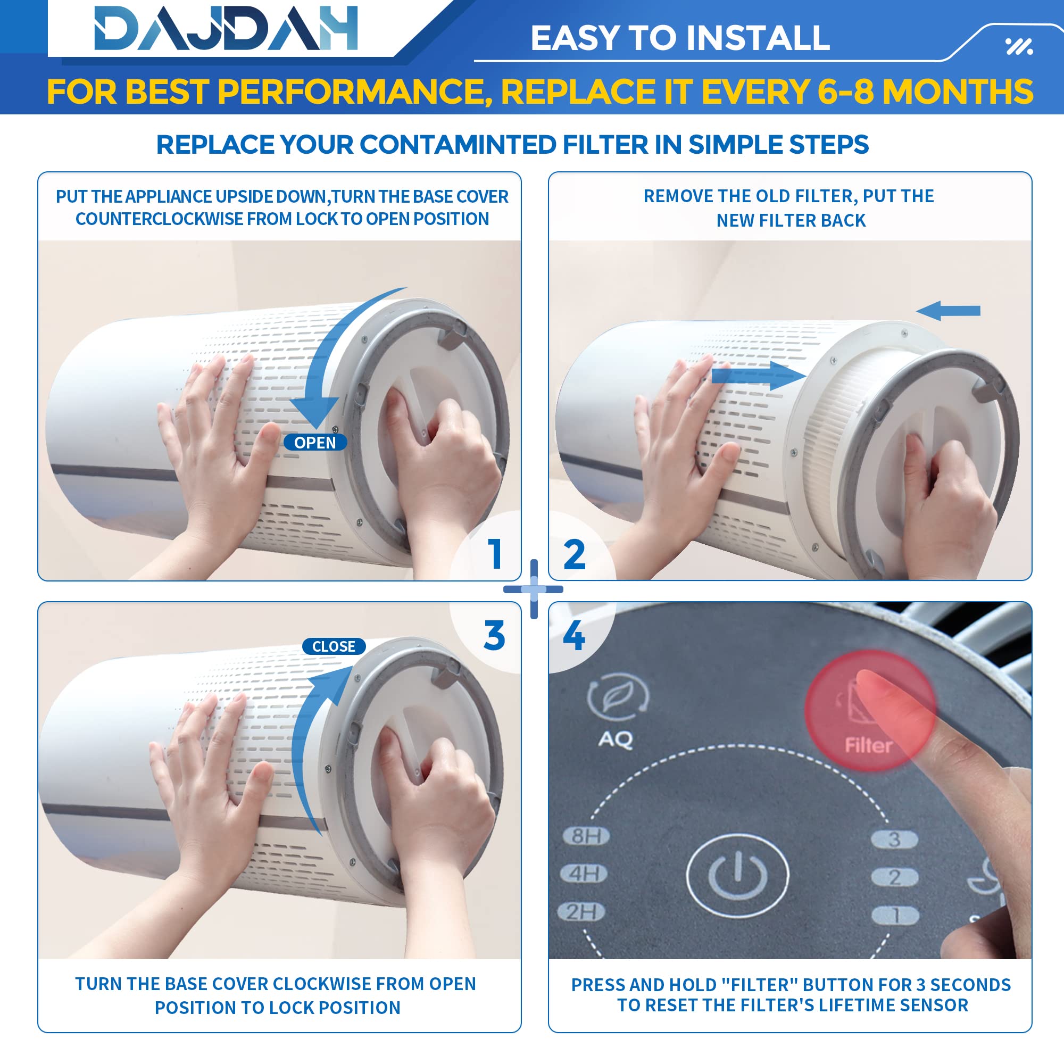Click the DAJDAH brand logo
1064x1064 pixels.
point(226,28)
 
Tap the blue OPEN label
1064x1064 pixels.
point(315,442)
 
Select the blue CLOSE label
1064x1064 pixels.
point(334,646)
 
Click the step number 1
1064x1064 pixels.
point(495,553)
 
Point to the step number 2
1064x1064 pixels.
point(575,554)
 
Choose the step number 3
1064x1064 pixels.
point(495,636)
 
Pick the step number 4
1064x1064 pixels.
point(574,636)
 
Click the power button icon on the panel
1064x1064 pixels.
point(737,875)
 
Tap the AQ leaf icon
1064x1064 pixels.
point(618,697)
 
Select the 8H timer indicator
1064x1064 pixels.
point(586,836)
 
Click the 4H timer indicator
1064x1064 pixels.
point(584,874)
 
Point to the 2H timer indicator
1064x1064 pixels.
point(581,912)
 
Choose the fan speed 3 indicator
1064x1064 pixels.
point(894,839)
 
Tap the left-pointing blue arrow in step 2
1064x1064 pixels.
point(949,311)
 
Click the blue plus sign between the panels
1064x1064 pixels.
point(533,589)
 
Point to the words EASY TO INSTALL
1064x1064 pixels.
point(680,38)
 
